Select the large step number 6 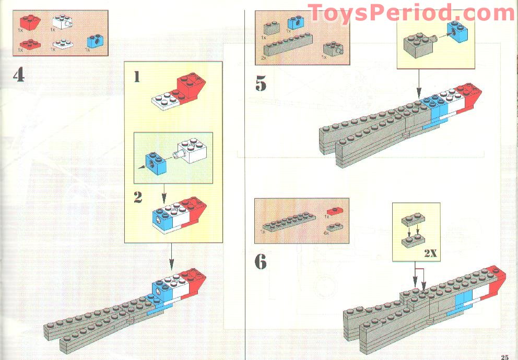click(261, 262)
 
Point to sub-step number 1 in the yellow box click(137, 77)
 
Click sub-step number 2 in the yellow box click(138, 198)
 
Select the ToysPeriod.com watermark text click(411, 13)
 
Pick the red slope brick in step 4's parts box click(31, 22)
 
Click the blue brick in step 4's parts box click(95, 42)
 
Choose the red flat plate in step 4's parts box click(30, 44)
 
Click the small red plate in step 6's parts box click(333, 210)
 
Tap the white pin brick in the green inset click(194, 150)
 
